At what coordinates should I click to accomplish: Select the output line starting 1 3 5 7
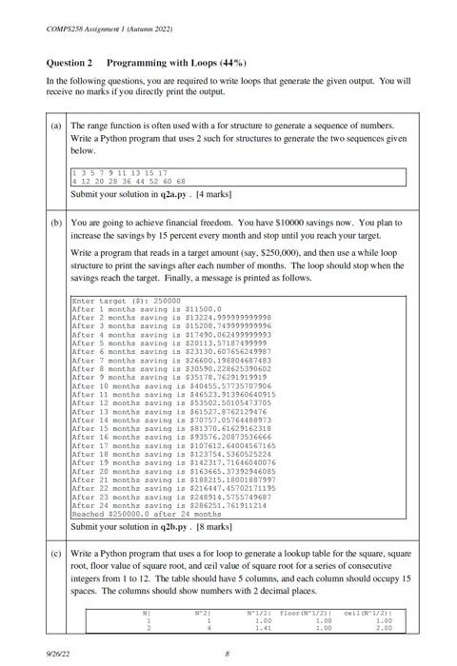tap(120, 172)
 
